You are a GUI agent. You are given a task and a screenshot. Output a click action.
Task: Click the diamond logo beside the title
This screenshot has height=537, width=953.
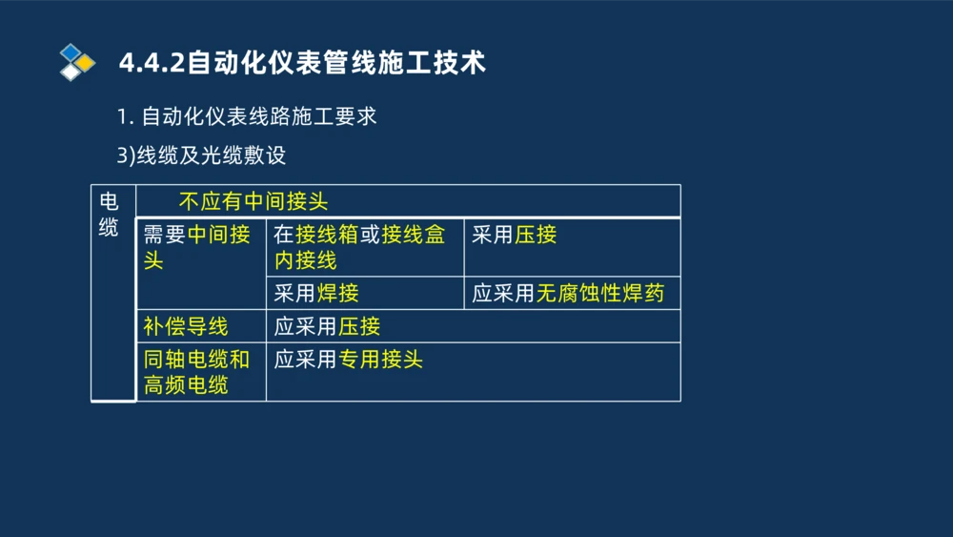pos(76,62)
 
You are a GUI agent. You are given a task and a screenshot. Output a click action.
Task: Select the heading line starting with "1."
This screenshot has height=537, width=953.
pos(247,117)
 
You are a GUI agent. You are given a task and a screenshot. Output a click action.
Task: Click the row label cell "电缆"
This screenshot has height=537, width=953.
pos(110,215)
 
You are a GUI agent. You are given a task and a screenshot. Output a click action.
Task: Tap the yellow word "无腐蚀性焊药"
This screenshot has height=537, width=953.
pos(599,294)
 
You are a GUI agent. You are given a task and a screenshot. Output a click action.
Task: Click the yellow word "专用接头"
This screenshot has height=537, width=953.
pos(380,360)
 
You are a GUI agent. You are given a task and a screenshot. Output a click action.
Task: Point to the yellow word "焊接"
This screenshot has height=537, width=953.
pos(337,294)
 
